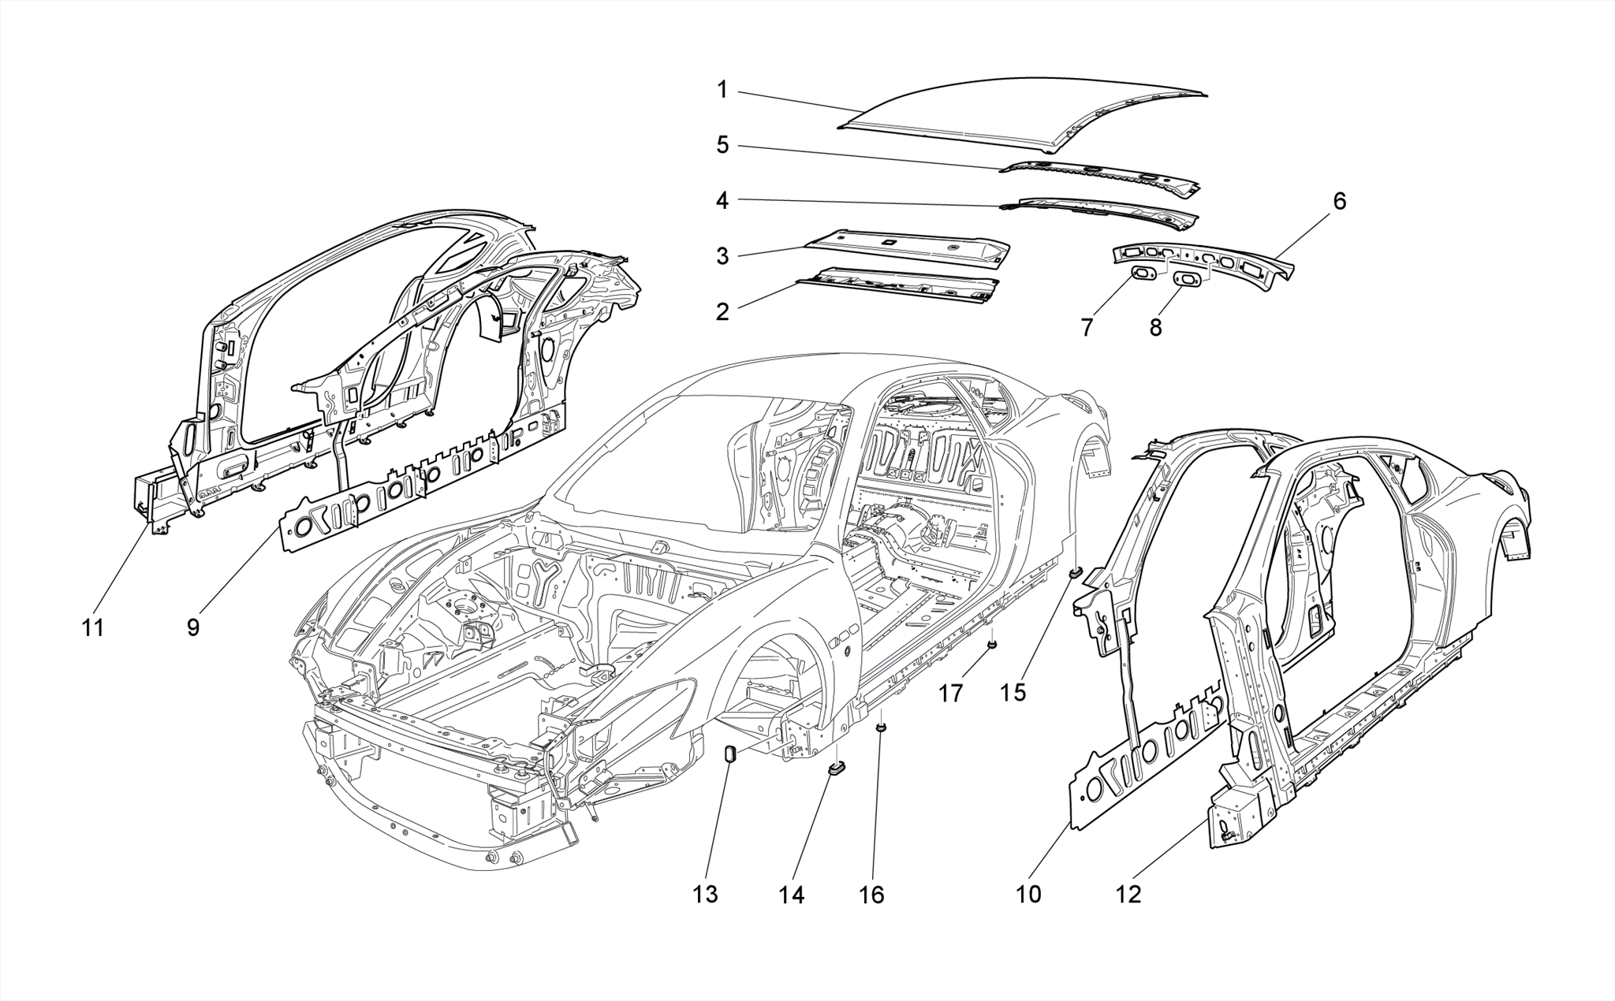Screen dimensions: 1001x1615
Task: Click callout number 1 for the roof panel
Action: (x=722, y=90)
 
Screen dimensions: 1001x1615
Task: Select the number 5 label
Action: (x=722, y=145)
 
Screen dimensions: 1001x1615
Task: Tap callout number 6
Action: (x=1339, y=201)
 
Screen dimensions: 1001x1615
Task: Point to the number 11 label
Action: (x=93, y=628)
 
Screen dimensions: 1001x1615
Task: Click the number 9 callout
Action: (x=193, y=628)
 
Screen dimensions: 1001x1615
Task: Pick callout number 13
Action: (x=706, y=895)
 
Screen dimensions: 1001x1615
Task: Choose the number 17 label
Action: (x=951, y=694)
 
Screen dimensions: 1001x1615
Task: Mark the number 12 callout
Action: (x=1128, y=895)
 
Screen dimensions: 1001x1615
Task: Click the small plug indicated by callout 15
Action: (x=1074, y=571)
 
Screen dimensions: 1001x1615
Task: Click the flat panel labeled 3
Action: (x=907, y=247)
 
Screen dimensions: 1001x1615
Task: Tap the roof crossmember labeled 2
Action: (x=899, y=285)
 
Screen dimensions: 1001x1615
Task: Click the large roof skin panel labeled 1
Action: (x=1025, y=114)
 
